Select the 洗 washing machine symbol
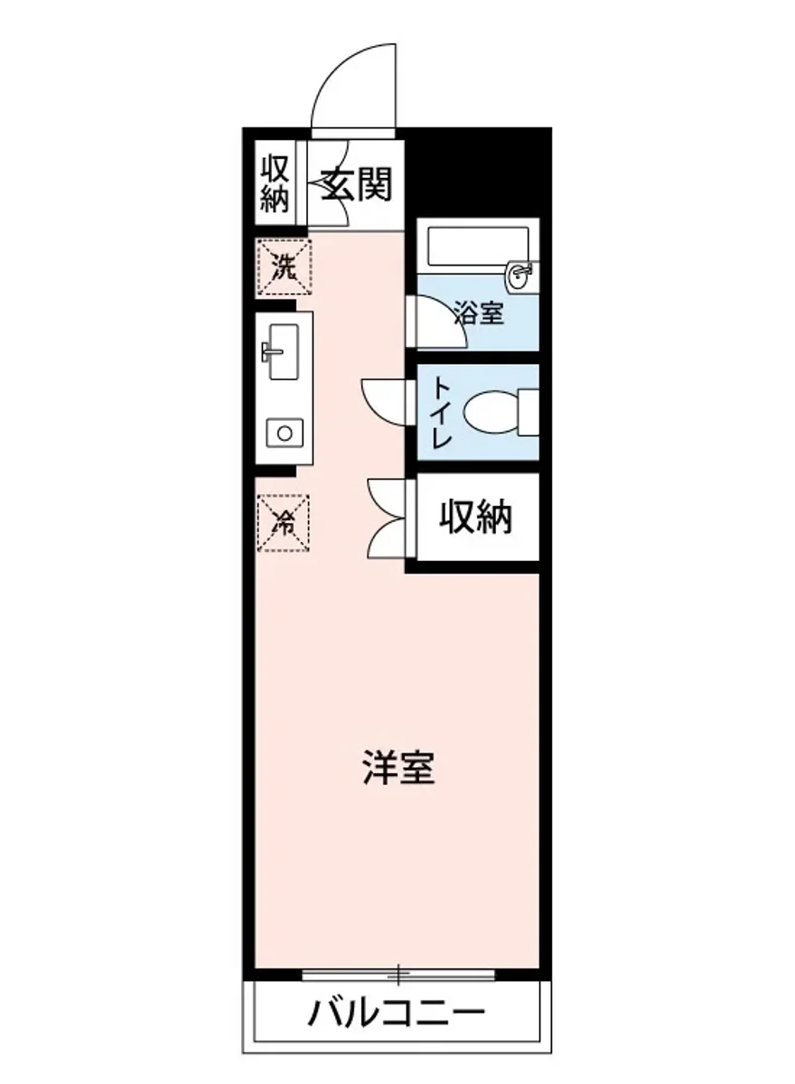284,267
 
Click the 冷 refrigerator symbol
284,522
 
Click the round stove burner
284,434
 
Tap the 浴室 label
479,314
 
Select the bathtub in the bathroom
478,246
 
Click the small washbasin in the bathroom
521,276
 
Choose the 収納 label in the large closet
476,518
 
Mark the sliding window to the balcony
398,974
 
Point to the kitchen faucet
270,350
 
